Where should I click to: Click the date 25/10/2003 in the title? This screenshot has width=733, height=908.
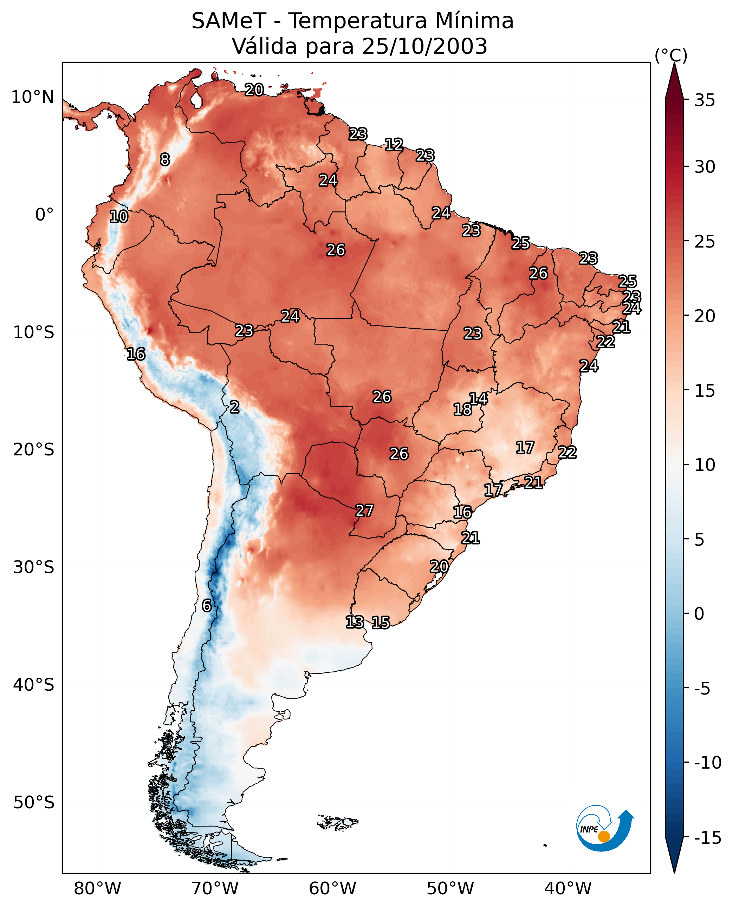pos(424,46)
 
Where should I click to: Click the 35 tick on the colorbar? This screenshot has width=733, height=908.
pos(705,100)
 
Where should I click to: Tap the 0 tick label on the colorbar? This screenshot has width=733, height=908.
pos(699,613)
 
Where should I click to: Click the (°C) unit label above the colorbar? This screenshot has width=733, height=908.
pos(671,55)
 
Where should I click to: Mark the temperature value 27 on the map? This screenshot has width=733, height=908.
pos(364,511)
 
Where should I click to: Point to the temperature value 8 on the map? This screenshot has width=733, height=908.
pos(165,159)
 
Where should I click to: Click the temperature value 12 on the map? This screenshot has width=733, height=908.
pos(394,145)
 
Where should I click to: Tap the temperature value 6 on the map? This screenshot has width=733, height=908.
pos(207,605)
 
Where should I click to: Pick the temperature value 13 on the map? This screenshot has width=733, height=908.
pos(355,622)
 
